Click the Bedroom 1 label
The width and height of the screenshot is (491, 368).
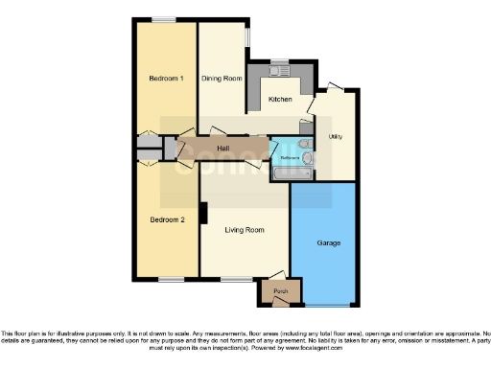[x=167, y=79]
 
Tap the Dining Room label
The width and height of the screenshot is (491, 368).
[x=221, y=79]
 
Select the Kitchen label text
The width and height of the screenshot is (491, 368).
[x=280, y=99]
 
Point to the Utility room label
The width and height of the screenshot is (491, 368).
[x=336, y=137]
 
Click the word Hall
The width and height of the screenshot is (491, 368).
[x=222, y=149]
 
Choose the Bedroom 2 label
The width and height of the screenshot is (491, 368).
[x=167, y=219]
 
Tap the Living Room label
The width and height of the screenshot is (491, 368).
[x=245, y=230]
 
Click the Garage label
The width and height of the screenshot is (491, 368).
[x=328, y=243]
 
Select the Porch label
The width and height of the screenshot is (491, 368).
[x=280, y=290]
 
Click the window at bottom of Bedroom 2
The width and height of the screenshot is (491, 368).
[x=172, y=280]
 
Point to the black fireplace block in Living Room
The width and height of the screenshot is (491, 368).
[x=203, y=213]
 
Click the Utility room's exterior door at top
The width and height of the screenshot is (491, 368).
[x=333, y=89]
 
